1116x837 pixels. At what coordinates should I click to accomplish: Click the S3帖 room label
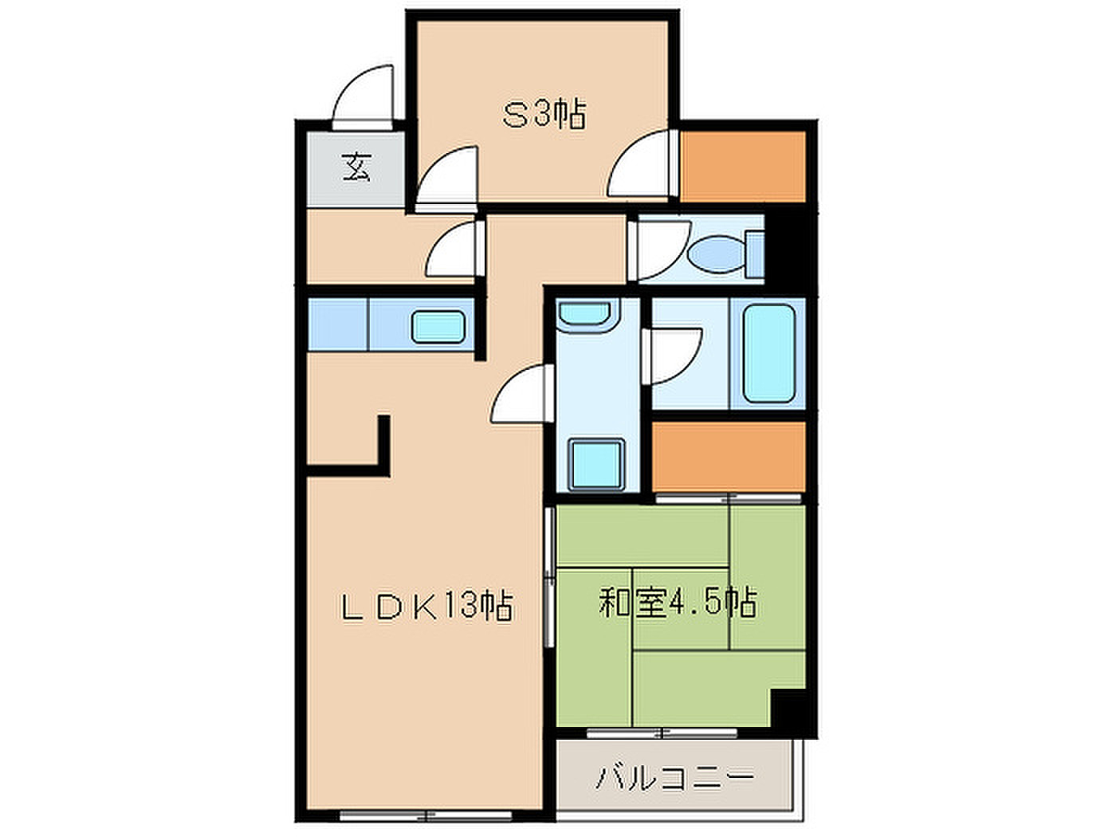pyautogui.click(x=544, y=114)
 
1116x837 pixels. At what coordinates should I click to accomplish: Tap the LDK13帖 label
pyautogui.click(x=426, y=606)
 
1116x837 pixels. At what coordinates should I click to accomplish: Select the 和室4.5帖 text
pyautogui.click(x=678, y=602)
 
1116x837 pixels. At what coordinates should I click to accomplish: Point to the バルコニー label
pyautogui.click(x=674, y=778)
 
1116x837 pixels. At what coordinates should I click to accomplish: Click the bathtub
pyautogui.click(x=768, y=353)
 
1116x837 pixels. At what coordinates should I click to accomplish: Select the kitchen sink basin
pyautogui.click(x=438, y=326)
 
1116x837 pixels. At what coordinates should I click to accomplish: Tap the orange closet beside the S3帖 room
pyautogui.click(x=743, y=167)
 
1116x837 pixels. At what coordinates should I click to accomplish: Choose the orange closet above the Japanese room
pyautogui.click(x=729, y=456)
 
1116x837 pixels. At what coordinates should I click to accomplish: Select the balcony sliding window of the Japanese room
pyautogui.click(x=662, y=733)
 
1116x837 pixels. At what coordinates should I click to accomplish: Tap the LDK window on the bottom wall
pyautogui.click(x=425, y=816)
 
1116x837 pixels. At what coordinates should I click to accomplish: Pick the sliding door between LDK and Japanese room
pyautogui.click(x=549, y=577)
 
